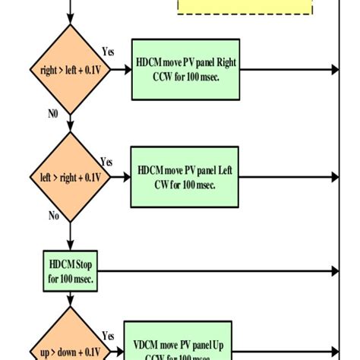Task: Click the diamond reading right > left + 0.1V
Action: (71, 70)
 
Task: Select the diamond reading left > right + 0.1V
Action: (71, 177)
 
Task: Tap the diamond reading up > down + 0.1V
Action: (71, 346)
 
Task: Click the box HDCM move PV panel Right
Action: (186, 70)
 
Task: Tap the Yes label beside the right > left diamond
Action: (108, 52)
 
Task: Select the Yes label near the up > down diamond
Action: (108, 335)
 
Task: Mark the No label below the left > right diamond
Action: (54, 215)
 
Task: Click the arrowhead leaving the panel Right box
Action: (334, 70)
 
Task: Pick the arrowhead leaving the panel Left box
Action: (334, 177)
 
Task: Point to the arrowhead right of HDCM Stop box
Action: (334, 271)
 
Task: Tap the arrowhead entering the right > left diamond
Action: (71, 21)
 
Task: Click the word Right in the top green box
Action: (229, 61)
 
